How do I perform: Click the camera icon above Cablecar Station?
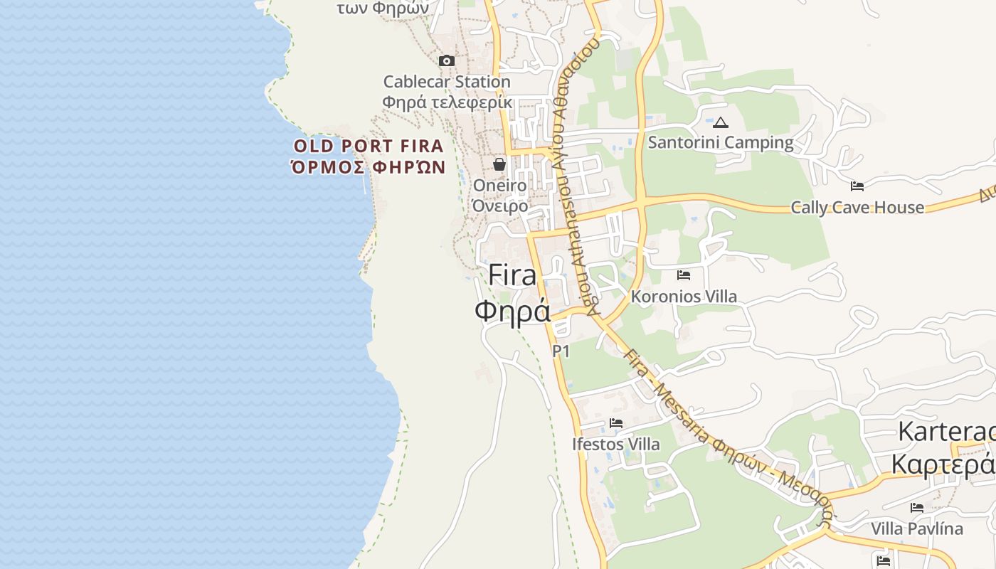(447, 61)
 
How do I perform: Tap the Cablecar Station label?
(447, 82)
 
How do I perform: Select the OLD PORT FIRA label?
(369, 147)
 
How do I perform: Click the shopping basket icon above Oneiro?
(499, 164)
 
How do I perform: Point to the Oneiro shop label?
(500, 186)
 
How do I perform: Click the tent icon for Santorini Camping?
(721, 122)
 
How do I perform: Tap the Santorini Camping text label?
(720, 142)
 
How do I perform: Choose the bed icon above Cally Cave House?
(857, 186)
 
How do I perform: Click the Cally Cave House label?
(857, 208)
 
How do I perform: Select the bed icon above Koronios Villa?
(684, 275)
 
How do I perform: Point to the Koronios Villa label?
(684, 296)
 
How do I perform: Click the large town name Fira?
(512, 275)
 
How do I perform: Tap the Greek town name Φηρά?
(512, 310)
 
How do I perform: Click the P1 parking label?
(561, 351)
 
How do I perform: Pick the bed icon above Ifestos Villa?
(616, 423)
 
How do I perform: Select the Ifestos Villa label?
(616, 445)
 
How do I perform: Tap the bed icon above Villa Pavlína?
(917, 508)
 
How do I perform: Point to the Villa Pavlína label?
(917, 528)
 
